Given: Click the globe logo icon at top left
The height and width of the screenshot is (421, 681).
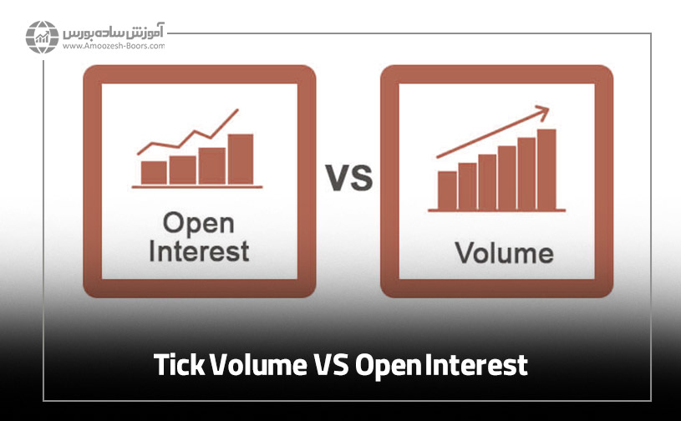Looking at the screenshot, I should click(42, 37).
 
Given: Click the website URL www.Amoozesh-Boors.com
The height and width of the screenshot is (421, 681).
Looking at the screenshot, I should click(113, 48).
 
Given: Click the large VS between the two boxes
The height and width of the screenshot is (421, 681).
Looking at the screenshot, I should click(348, 179).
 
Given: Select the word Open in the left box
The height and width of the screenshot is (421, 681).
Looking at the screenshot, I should click(198, 224).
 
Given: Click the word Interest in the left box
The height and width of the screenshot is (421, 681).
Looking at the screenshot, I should click(199, 251).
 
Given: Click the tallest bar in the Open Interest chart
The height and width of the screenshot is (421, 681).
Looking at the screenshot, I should click(241, 159).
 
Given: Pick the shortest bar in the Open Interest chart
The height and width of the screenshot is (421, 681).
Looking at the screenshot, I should click(154, 172).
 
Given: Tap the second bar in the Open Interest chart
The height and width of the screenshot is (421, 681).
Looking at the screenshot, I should click(182, 170).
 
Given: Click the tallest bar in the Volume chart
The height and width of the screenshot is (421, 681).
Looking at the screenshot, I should click(546, 169).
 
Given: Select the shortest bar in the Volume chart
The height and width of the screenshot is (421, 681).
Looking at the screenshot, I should click(447, 190).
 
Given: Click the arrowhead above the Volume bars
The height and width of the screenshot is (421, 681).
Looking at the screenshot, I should click(542, 110).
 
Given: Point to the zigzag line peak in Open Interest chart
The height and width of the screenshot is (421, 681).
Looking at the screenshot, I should click(236, 110).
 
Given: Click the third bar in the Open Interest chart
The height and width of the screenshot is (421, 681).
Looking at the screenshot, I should click(211, 165).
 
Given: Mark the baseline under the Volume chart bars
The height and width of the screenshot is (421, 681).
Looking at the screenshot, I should click(497, 210).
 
